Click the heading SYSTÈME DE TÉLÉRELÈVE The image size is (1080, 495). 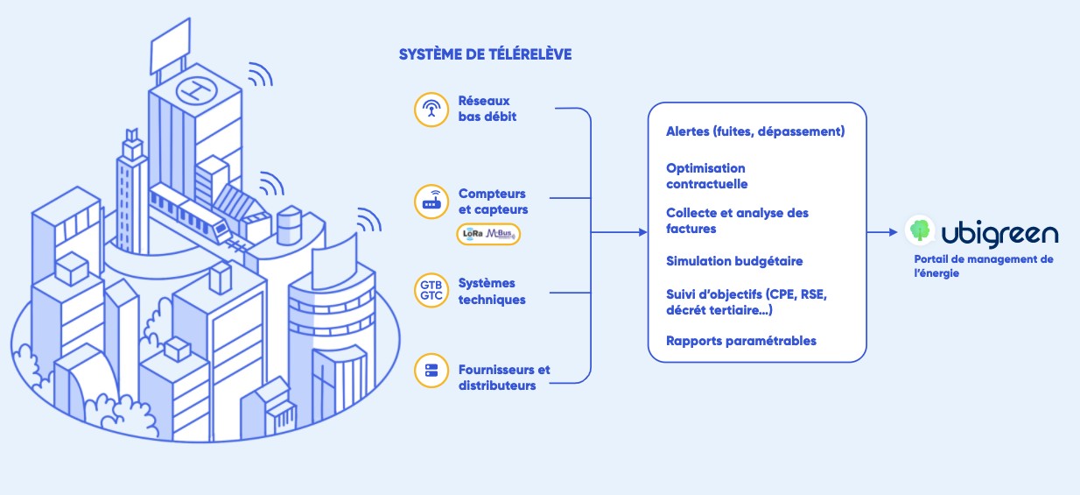click(485, 54)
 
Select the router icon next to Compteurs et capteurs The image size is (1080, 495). click(430, 202)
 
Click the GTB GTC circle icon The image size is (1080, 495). click(430, 289)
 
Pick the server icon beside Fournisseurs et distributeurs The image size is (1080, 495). click(430, 371)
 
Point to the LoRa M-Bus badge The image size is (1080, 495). click(488, 234)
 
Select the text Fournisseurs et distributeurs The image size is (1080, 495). click(504, 378)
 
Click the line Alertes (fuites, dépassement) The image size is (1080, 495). click(754, 132)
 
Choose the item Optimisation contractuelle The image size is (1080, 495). click(706, 176)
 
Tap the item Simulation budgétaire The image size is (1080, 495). click(733, 261)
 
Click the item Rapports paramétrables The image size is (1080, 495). click(740, 341)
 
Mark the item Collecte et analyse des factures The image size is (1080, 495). click(737, 221)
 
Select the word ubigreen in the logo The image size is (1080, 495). click(999, 233)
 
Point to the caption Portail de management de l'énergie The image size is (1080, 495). click(983, 266)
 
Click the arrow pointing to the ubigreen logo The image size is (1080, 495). click(884, 233)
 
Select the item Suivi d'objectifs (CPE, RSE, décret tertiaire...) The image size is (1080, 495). click(746, 301)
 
